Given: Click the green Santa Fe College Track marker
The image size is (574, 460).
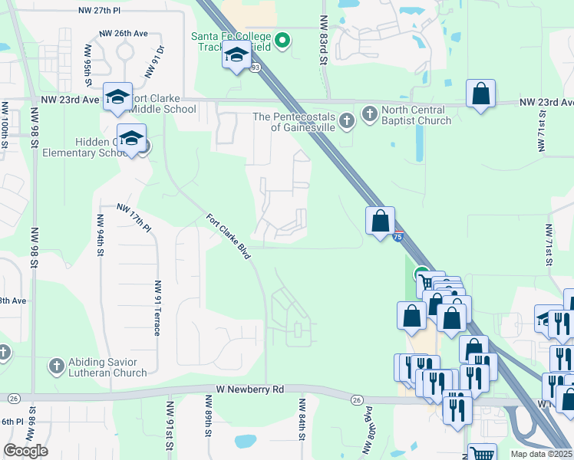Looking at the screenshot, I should coord(282,41).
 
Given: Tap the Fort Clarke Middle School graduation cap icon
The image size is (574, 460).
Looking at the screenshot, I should coord(117,96).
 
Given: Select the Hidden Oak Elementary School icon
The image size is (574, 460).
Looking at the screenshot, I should coord(132,138).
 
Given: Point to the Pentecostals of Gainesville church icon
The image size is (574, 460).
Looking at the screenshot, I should coord(346,120).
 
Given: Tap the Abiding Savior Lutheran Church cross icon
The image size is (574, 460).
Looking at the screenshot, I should coord(56,366).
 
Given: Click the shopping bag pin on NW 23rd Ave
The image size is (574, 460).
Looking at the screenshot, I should coord(480,94).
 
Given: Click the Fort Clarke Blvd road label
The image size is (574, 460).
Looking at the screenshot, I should coord(229,235).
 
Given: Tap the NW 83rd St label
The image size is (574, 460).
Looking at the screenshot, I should coord(324,46).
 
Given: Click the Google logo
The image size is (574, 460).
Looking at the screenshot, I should coord(25,451).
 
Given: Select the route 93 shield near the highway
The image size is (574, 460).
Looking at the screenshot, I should coord(252,68).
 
